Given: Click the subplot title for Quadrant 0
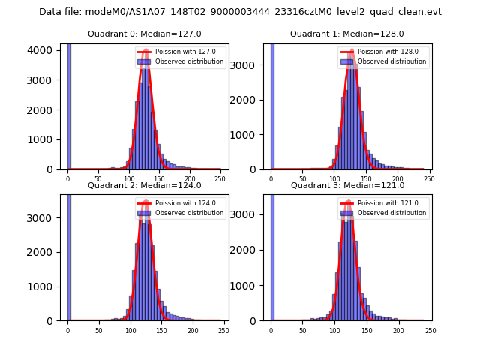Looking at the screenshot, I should click(x=144, y=34).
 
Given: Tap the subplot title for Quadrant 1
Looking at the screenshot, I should click(x=347, y=34).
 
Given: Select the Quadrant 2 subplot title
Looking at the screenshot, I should click(x=144, y=185).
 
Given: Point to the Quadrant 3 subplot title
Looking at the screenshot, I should click(x=347, y=185).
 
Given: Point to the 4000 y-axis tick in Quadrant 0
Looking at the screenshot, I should click(x=44, y=50).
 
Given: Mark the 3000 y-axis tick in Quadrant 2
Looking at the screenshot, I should click(x=44, y=218).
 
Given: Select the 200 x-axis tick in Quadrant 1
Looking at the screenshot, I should click(x=398, y=178).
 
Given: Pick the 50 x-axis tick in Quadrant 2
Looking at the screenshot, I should click(x=99, y=330).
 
